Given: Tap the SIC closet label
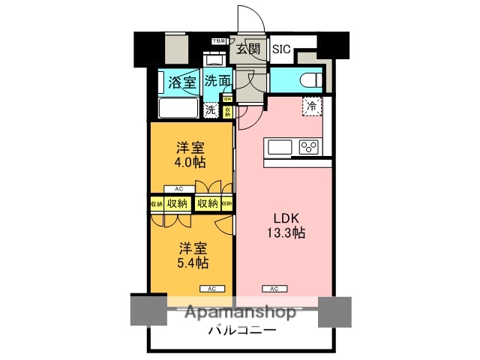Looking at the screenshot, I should (x=280, y=49).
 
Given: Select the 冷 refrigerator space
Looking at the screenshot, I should (x=310, y=106).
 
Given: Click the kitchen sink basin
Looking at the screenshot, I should (x=279, y=146).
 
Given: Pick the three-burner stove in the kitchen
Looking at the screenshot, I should (x=309, y=146).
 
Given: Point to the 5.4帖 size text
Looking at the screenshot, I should (x=193, y=262).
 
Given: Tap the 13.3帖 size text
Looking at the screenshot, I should (x=288, y=232).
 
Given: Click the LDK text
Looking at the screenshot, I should (x=285, y=217).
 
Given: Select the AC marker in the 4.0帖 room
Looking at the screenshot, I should (x=178, y=189).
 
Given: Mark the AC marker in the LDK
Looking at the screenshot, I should (x=274, y=288).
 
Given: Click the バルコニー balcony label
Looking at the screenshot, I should (x=241, y=330).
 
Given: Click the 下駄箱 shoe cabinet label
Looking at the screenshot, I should (x=217, y=40).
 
